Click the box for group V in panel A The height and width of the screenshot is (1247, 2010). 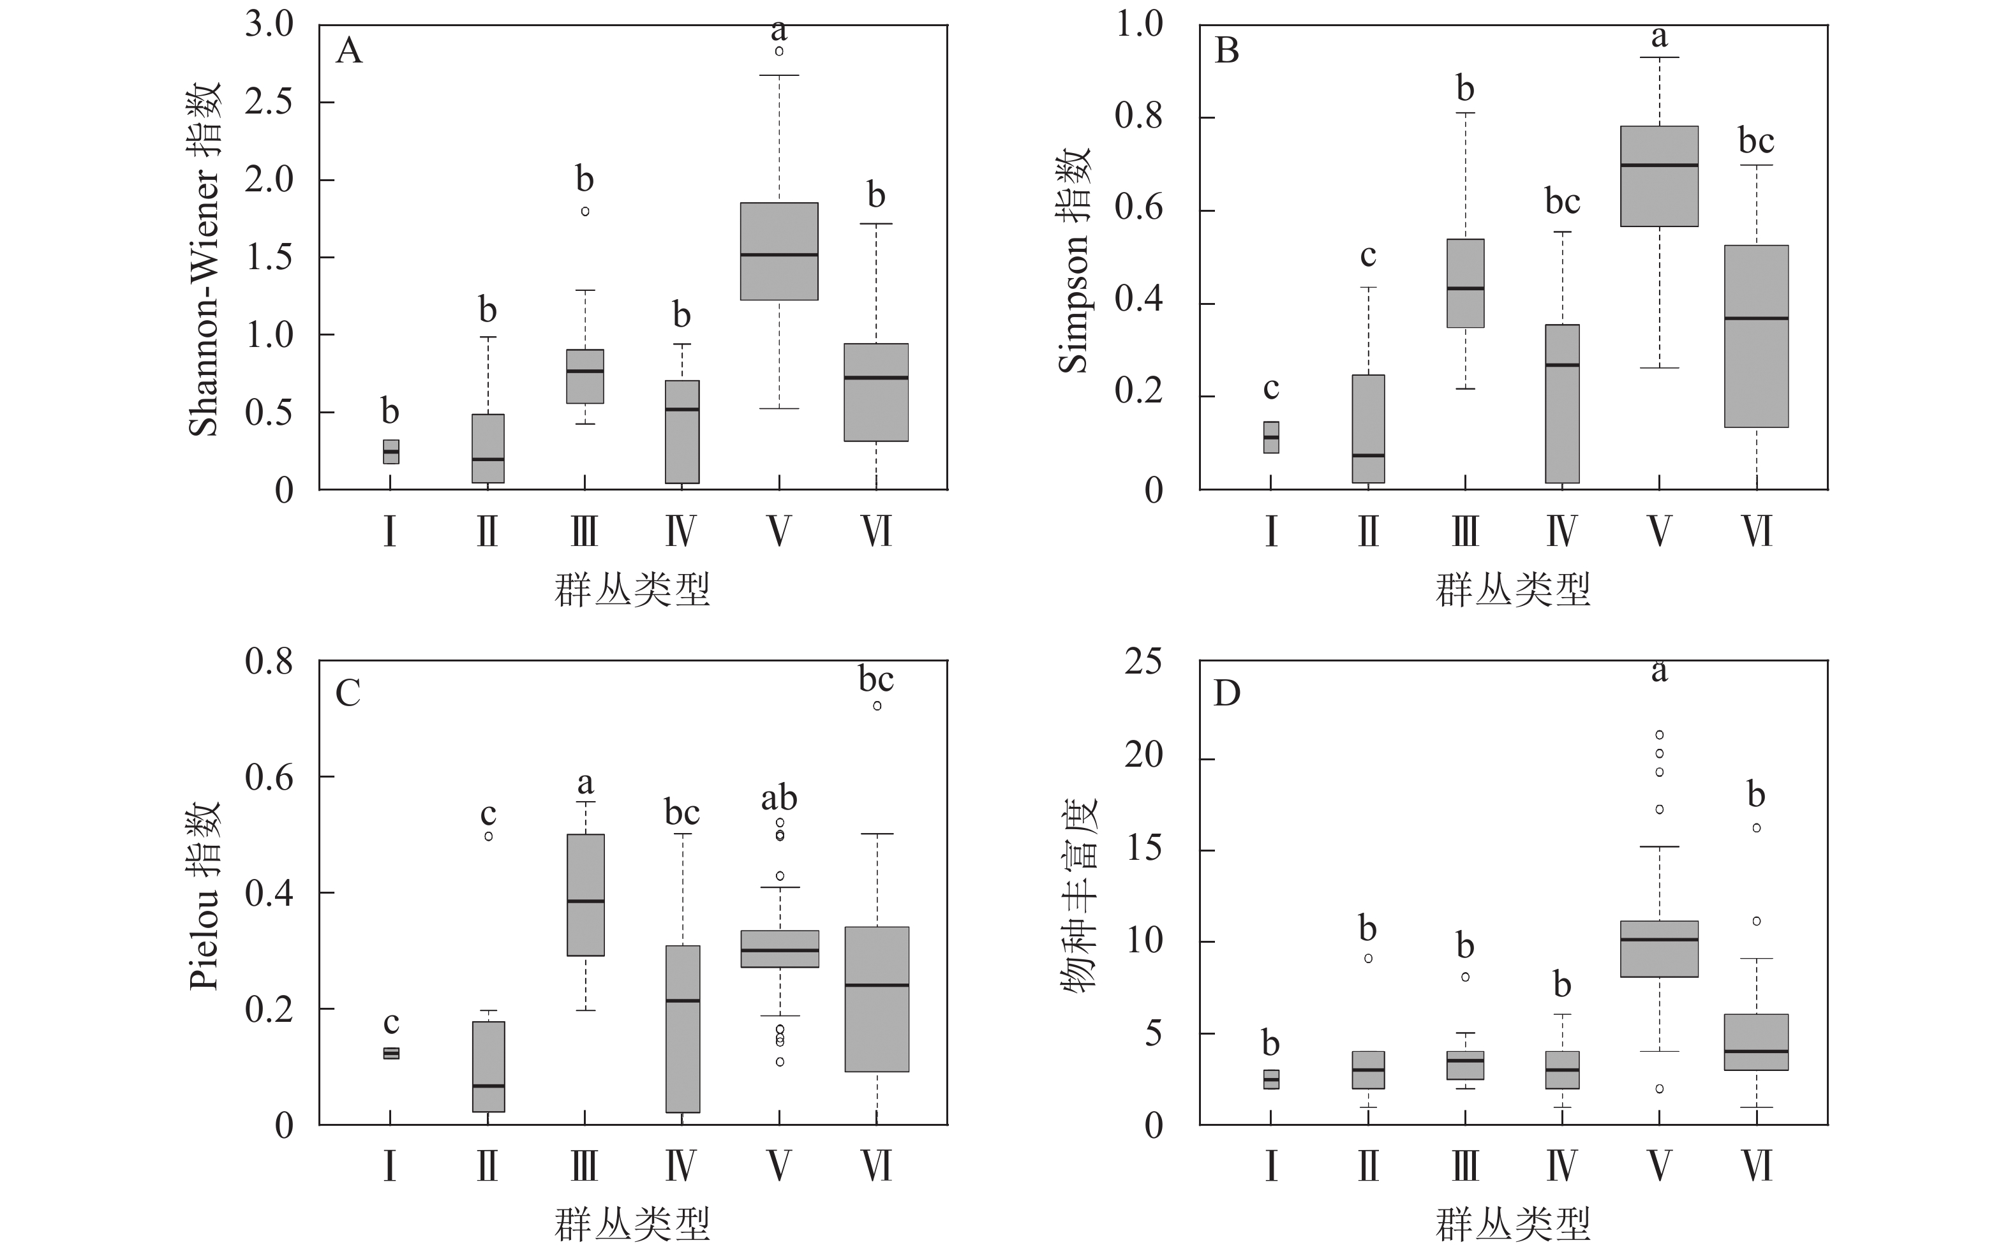pos(778,251)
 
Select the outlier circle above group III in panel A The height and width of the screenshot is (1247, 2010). pos(584,211)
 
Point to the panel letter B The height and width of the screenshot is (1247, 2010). pos(1226,51)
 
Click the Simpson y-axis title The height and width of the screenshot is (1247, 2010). pos(1074,261)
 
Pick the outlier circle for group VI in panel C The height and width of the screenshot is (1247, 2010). pos(877,705)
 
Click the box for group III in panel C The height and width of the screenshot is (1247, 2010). pos(584,895)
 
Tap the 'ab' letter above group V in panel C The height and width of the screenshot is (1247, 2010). pos(778,799)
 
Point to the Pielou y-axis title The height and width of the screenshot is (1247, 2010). pos(205,896)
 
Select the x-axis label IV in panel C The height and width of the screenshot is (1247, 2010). pos(681,1166)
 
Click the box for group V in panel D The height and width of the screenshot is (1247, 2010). pos(1658,948)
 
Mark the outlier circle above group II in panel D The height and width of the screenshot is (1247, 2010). pos(1368,958)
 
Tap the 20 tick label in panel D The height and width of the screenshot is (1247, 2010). pos(1143,755)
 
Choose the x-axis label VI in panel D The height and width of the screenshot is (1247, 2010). pos(1757,1166)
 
